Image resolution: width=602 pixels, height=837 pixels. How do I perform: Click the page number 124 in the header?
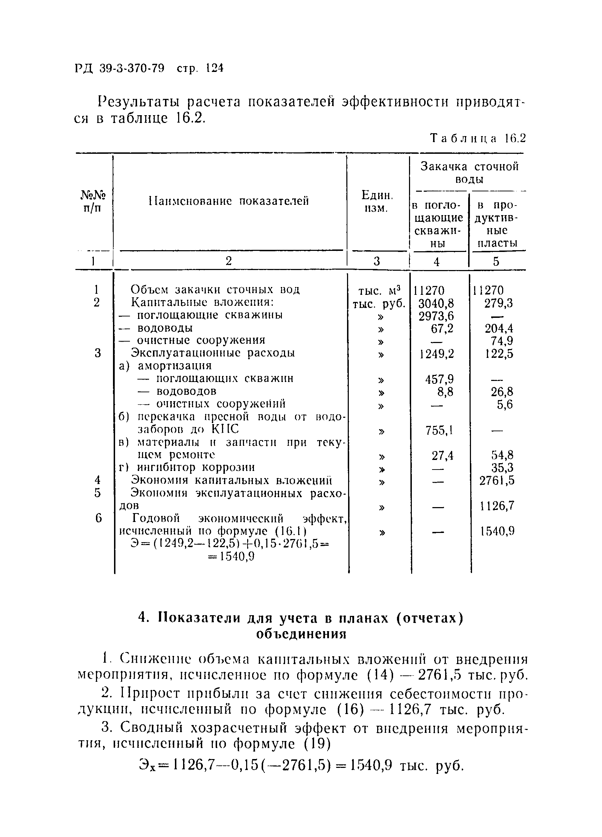click(215, 68)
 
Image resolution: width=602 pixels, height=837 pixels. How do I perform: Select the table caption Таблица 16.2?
click(478, 138)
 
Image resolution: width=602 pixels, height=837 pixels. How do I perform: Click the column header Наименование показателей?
click(229, 201)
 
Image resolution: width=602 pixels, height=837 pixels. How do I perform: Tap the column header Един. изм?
click(377, 201)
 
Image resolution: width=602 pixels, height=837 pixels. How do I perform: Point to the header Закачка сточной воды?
click(469, 173)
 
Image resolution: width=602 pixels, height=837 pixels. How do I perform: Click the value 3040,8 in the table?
click(436, 304)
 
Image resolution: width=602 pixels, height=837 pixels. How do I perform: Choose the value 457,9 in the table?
click(439, 379)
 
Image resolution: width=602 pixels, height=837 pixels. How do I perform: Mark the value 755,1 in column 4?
click(439, 430)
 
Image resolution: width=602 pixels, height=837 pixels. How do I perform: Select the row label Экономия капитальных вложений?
click(232, 481)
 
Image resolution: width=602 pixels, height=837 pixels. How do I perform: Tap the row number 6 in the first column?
click(98, 518)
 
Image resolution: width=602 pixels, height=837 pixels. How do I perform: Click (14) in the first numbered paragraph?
click(379, 676)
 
